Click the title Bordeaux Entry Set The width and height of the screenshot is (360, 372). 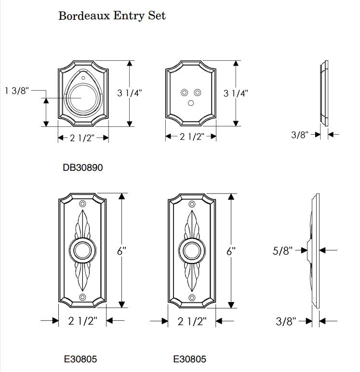coord(112,15)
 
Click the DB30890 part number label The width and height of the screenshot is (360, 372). coord(82,168)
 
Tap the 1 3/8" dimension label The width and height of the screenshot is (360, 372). coord(17,90)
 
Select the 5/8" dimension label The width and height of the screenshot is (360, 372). coord(282,250)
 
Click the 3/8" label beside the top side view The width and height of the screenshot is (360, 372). coord(299,135)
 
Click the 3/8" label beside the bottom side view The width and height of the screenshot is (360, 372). coord(286,321)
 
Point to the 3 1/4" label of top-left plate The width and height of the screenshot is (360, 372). coord(130,93)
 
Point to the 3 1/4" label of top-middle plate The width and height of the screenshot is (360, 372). coord(236,93)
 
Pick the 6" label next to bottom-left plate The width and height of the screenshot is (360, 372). coord(121,251)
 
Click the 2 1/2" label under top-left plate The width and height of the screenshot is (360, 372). coord(83,138)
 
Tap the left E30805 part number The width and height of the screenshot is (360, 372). coord(80,359)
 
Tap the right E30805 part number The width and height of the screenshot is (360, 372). coord(189,359)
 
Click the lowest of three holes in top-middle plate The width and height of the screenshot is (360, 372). coord(191,102)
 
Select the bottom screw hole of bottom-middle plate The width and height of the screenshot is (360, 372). coord(191,297)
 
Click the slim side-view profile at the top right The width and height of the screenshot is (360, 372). coord(323,93)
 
